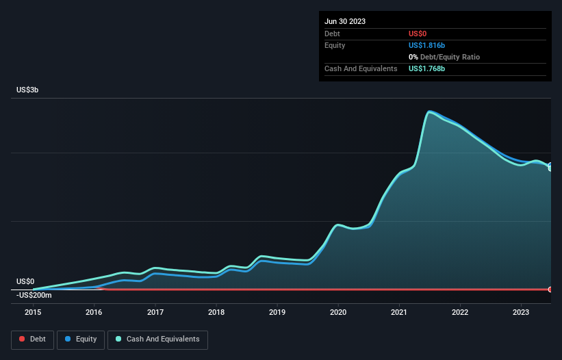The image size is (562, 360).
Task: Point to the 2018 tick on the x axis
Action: coord(216,313)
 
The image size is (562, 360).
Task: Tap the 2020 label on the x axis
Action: coord(338,313)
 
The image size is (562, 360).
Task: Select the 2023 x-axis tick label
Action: coord(522,313)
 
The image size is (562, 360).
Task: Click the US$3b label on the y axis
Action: coord(28,90)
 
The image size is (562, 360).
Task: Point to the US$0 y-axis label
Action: coord(25,281)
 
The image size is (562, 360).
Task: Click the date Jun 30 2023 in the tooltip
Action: coord(345,21)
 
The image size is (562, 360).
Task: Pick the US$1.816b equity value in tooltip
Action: coord(426,45)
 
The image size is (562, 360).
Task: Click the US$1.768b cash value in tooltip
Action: coord(426,68)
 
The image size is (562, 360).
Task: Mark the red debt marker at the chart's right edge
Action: coord(550,290)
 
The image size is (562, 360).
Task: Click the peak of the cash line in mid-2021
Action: coord(429,112)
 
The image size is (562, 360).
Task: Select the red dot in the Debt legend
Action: coord(22,339)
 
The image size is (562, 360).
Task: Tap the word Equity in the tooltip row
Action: coord(335,45)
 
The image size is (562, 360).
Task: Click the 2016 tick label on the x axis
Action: coord(94,313)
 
